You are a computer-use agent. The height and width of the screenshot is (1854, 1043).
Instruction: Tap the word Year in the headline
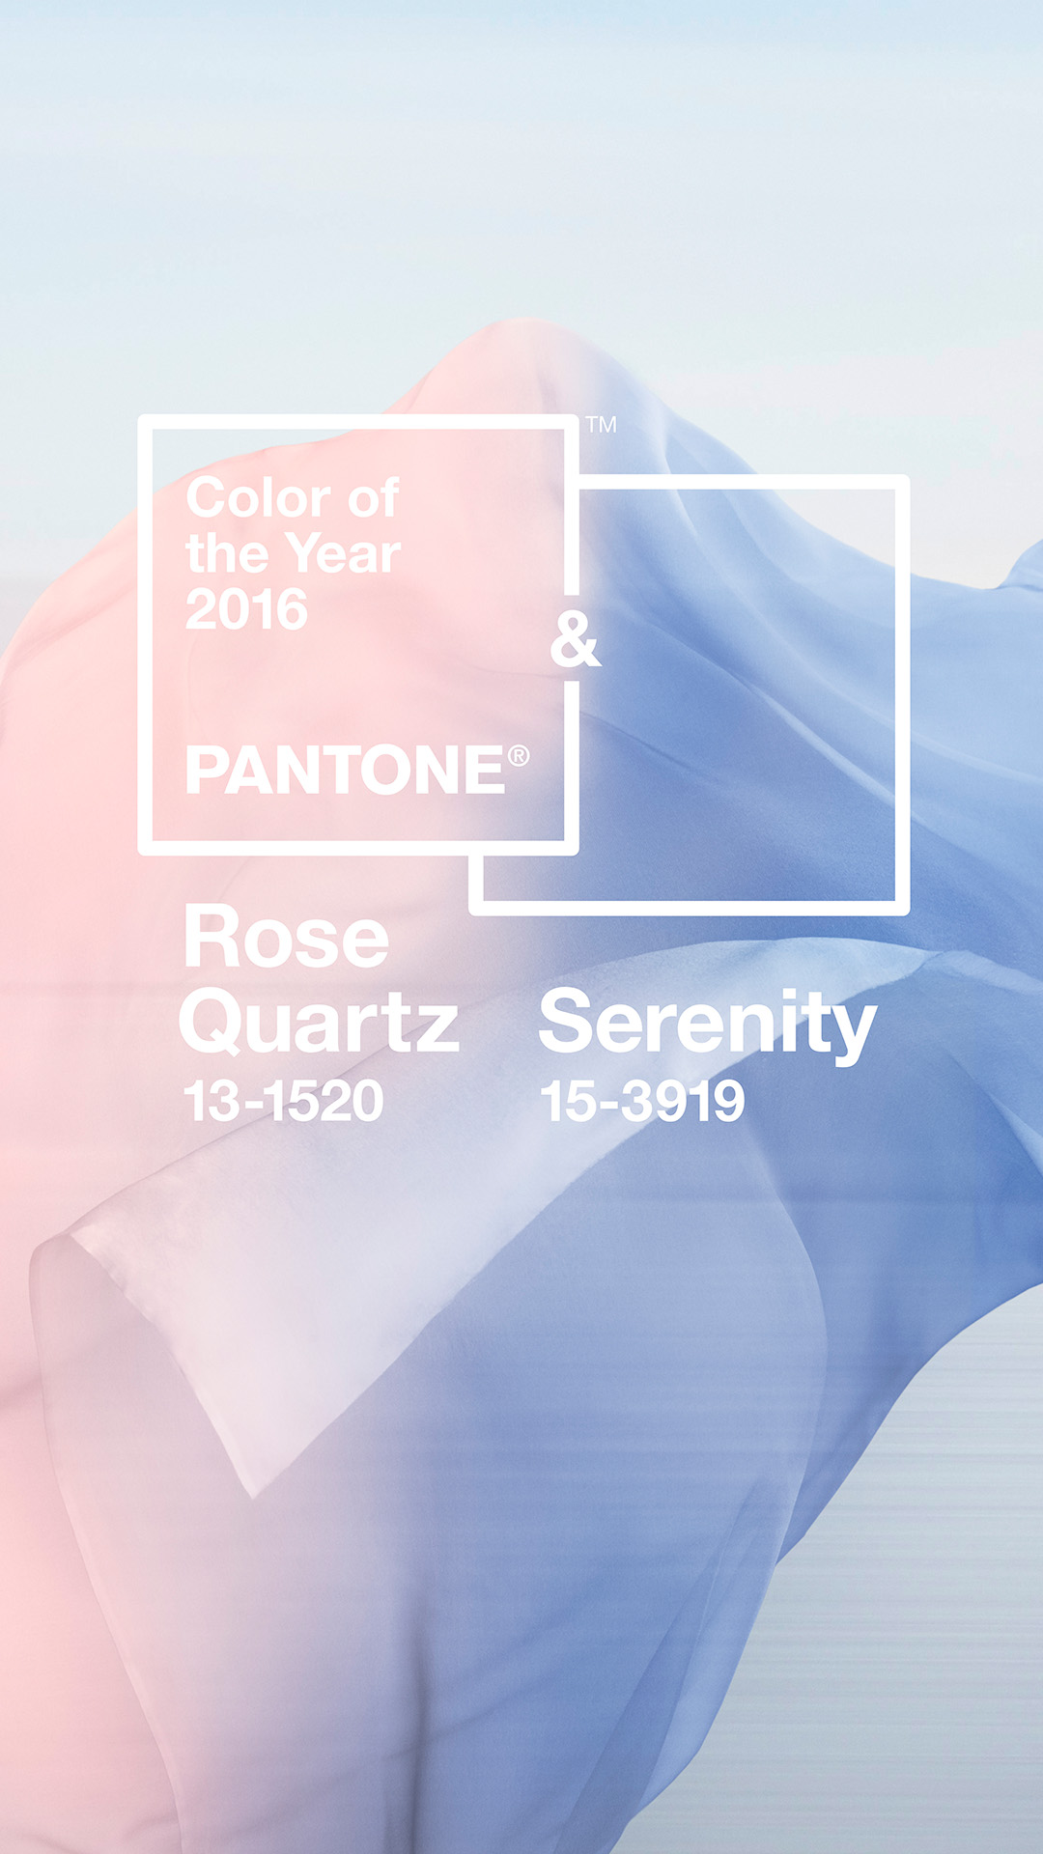(344, 554)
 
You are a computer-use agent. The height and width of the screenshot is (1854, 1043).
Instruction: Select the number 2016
(246, 610)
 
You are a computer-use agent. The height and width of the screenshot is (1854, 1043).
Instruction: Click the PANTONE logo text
(346, 770)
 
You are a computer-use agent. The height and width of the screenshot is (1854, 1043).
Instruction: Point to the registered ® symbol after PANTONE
(519, 755)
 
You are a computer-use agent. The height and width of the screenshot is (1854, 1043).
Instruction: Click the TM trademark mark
(601, 425)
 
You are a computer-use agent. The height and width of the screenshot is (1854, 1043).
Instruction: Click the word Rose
(287, 937)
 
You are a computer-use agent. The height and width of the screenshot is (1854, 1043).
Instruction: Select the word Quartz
(319, 1022)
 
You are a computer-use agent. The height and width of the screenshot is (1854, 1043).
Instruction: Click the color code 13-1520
(284, 1101)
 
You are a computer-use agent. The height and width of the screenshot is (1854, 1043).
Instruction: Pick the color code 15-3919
(643, 1101)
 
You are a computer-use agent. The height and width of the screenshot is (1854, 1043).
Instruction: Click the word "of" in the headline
(373, 498)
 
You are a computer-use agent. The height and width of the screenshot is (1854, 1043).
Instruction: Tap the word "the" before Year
(227, 554)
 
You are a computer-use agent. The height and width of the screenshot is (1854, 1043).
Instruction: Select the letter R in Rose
(215, 937)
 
